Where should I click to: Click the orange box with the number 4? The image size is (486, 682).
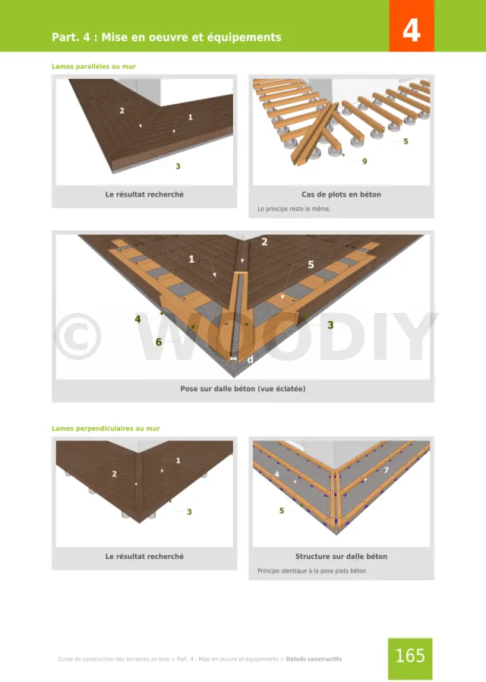[x=412, y=26]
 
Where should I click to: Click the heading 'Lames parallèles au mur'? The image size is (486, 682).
[x=93, y=67]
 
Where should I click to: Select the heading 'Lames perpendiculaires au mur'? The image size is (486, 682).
[x=106, y=428]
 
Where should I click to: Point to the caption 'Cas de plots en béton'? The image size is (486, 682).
[x=341, y=194]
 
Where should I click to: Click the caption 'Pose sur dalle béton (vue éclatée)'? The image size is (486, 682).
[x=242, y=389]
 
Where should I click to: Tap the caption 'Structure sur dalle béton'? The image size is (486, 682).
[x=341, y=556]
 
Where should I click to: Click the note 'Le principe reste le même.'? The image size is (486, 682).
[x=294, y=209]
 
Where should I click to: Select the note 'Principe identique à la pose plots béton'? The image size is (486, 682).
[x=311, y=570]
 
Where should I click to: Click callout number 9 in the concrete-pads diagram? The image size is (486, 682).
[x=364, y=161]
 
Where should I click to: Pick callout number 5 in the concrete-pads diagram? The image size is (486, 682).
[x=406, y=141]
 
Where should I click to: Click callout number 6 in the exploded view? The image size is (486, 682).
[x=159, y=343]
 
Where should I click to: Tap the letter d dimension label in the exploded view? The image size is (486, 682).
[x=250, y=360]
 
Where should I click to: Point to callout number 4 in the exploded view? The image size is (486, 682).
[x=137, y=319]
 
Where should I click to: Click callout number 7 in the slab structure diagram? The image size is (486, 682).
[x=386, y=470]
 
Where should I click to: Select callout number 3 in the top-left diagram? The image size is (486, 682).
[x=178, y=166]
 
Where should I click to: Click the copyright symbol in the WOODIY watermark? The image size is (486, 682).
[x=79, y=336]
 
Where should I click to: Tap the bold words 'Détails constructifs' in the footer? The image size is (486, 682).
[x=314, y=659]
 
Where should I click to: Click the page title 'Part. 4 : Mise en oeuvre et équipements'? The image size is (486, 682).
[x=166, y=37]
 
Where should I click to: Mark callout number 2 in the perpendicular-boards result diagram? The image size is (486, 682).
[x=115, y=474]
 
